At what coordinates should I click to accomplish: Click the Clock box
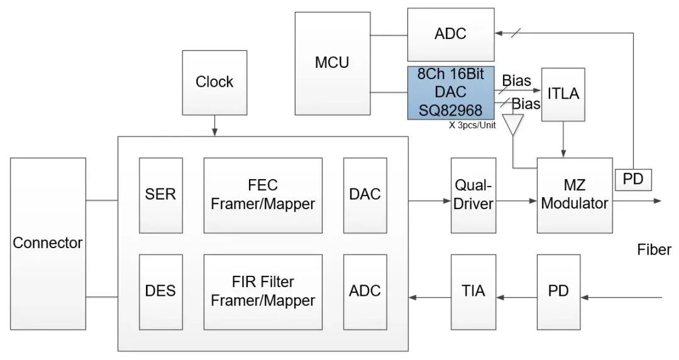click(x=214, y=82)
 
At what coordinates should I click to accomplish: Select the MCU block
click(x=332, y=63)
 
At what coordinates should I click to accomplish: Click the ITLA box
click(x=563, y=94)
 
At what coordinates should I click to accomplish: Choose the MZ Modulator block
click(x=575, y=195)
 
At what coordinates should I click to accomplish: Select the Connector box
click(x=48, y=243)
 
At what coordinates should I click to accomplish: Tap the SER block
click(x=160, y=195)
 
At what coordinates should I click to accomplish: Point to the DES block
click(x=160, y=291)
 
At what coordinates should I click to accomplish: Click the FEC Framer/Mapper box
click(x=263, y=195)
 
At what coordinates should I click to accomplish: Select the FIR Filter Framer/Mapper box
click(x=263, y=291)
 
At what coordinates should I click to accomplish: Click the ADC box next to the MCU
click(x=451, y=34)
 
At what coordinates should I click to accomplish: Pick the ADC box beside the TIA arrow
click(x=365, y=291)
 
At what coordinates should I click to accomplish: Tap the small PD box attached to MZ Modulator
click(x=632, y=180)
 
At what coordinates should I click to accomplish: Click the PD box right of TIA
click(x=558, y=291)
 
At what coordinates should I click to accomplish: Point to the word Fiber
click(x=654, y=249)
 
